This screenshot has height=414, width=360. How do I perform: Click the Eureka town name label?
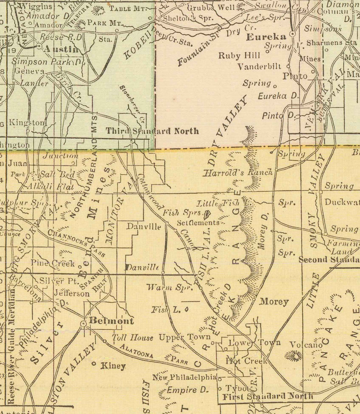[266, 37]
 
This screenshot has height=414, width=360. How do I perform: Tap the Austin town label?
[62, 49]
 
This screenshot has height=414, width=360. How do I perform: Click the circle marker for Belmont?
[83, 323]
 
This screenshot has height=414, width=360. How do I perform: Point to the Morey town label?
[274, 302]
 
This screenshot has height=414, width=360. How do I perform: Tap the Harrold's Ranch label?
[238, 173]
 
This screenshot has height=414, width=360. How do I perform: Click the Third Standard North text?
[152, 131]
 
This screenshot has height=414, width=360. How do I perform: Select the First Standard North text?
[268, 396]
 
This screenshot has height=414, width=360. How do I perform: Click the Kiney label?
[113, 366]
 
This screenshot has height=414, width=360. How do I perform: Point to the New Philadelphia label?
[184, 377]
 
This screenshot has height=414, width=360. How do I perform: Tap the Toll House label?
[132, 338]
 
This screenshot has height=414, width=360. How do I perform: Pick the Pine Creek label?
[53, 264]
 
